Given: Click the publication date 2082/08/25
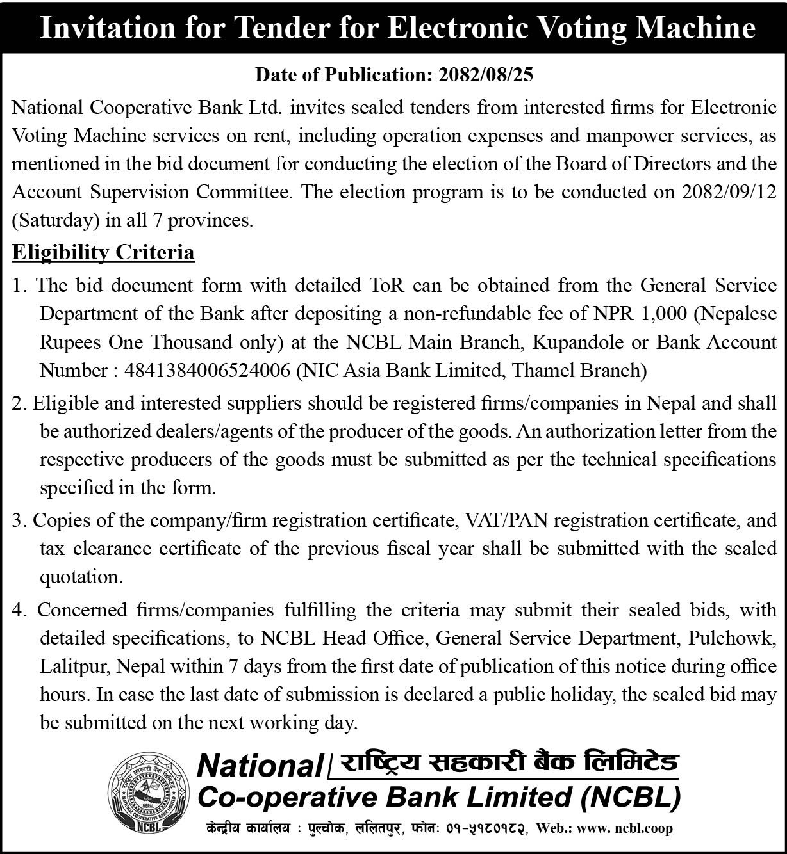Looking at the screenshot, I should [x=486, y=75].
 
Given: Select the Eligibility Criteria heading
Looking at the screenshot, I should [x=103, y=252].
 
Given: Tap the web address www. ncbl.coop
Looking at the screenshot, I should [x=625, y=828].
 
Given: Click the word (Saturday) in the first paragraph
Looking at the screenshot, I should [x=56, y=220].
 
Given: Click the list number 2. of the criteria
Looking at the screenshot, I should [x=20, y=403].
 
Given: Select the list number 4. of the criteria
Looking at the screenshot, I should [x=20, y=610].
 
